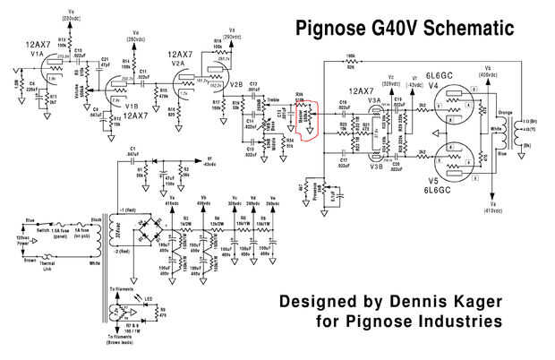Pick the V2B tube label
236,84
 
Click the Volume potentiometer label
85,92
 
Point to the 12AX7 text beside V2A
184,56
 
